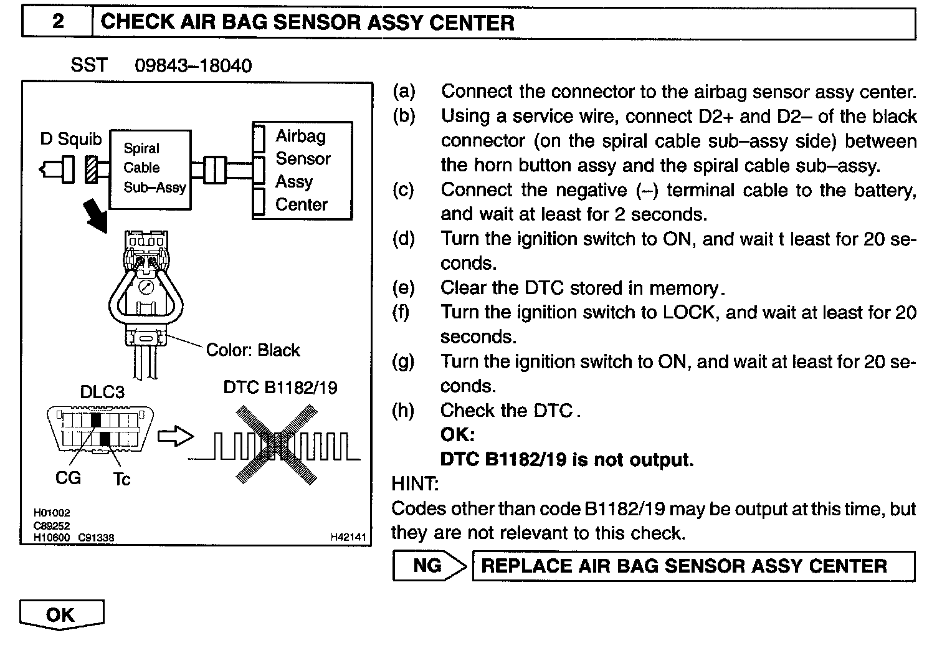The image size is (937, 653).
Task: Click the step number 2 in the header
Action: pos(57,22)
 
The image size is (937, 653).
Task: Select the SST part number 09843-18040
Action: pos(193,66)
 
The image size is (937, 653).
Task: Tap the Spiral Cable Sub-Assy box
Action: pos(150,169)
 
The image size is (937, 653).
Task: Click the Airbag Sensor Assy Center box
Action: pos(302,170)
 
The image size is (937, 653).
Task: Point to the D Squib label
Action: pos(70,139)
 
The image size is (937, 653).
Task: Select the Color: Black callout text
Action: pos(253,350)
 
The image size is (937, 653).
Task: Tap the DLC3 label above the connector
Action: pos(102,392)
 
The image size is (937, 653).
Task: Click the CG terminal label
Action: pos(68,479)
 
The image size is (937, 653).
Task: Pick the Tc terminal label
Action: pos(121,479)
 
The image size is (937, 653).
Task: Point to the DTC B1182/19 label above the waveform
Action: pos(280,388)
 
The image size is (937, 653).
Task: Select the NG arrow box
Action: pos(430,566)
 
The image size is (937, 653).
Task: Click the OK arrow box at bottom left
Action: pos(61,614)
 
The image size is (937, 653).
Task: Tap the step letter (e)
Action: pos(404,288)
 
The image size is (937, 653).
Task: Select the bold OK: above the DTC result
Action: pos(457,435)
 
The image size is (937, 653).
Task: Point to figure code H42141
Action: pos(348,536)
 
